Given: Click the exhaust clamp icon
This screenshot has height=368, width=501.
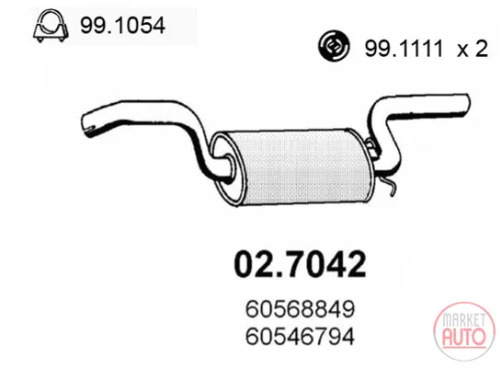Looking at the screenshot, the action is pyautogui.click(x=51, y=26).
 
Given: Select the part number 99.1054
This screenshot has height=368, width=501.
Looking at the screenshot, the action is pyautogui.click(x=122, y=26).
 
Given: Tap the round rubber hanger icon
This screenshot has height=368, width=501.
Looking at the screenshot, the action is pyautogui.click(x=334, y=46).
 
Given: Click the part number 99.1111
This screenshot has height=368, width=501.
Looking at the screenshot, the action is pyautogui.click(x=404, y=49).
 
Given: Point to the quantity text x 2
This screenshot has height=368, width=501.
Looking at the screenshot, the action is pyautogui.click(x=473, y=49).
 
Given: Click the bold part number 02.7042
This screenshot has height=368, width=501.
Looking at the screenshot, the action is pyautogui.click(x=300, y=264).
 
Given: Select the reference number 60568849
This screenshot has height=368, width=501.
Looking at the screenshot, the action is pyautogui.click(x=300, y=309).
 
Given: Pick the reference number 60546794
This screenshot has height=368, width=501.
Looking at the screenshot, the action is pyautogui.click(x=300, y=336).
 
